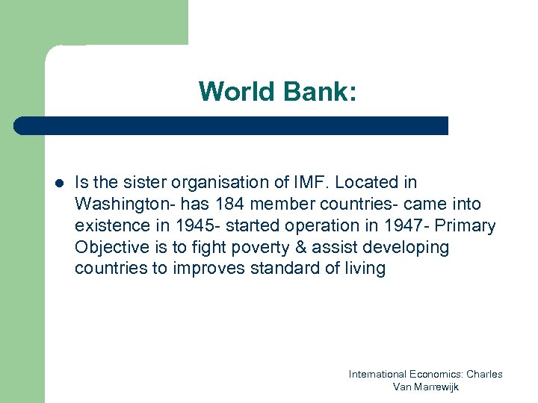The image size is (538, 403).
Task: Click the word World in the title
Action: click(237, 92)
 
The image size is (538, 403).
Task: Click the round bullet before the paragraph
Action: click(58, 183)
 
